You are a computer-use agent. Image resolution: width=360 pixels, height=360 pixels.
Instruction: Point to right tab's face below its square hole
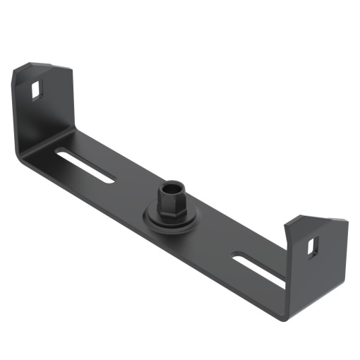(x=314, y=272)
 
